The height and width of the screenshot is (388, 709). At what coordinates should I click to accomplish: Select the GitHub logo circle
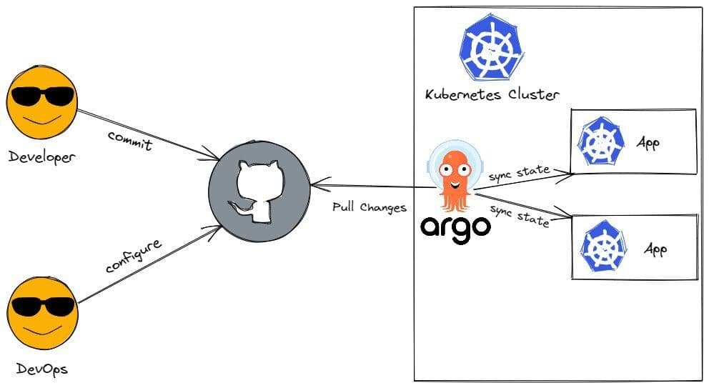pyautogui.click(x=259, y=190)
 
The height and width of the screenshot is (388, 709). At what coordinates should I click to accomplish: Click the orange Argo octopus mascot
pyautogui.click(x=452, y=178)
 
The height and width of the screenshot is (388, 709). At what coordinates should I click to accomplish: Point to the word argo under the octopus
pyautogui.click(x=455, y=228)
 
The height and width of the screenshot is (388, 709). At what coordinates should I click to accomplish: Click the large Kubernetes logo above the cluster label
pyautogui.click(x=491, y=49)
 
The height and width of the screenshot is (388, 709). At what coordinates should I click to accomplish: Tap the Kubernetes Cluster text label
pyautogui.click(x=492, y=94)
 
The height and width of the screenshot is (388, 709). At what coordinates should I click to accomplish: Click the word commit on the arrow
pyautogui.click(x=130, y=140)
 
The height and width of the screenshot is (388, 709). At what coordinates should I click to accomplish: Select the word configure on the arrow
pyautogui.click(x=134, y=256)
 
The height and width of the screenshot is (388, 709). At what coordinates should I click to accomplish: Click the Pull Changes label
pyautogui.click(x=370, y=208)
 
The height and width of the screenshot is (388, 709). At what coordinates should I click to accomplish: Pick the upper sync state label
pyautogui.click(x=520, y=172)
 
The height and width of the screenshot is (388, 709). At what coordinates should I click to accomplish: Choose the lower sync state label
pyautogui.click(x=520, y=214)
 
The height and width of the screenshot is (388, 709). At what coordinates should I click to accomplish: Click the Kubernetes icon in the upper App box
pyautogui.click(x=601, y=141)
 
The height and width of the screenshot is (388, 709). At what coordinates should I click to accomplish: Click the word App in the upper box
pyautogui.click(x=648, y=142)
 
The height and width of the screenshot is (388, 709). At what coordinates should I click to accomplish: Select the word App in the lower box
pyautogui.click(x=655, y=249)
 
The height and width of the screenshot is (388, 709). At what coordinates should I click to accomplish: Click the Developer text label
pyautogui.click(x=41, y=156)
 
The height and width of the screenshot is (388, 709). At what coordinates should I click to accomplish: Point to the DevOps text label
pyautogui.click(x=42, y=370)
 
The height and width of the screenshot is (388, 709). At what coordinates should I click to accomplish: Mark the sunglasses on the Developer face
pyautogui.click(x=41, y=96)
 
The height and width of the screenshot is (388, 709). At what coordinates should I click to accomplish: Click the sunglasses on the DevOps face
pyautogui.click(x=41, y=306)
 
